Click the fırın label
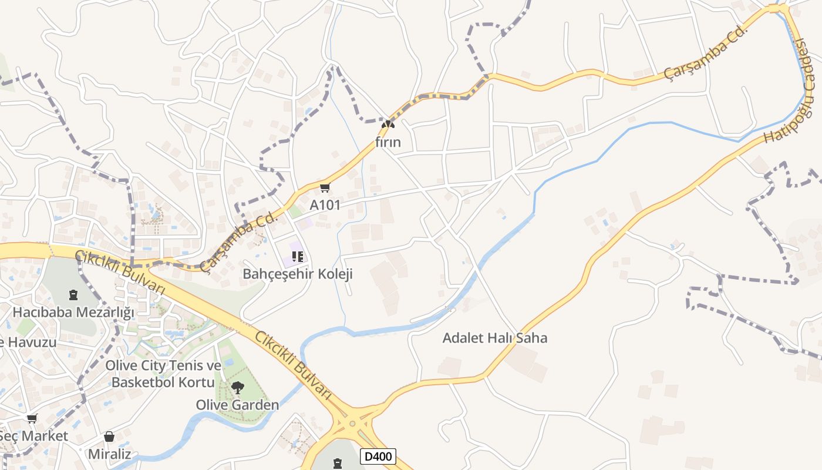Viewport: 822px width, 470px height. pos(388,142)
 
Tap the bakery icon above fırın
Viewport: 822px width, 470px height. pos(388,124)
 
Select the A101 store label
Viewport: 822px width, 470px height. pos(325,206)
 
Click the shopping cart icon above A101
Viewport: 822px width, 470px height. pos(325,187)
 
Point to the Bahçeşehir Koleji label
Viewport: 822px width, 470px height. pos(297,274)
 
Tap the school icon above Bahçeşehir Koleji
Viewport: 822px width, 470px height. pos(297,256)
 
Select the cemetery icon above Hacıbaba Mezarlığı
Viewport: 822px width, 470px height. pos(73,294)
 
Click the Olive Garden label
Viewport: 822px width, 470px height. pos(237,405)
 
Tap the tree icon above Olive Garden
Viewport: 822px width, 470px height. pos(237,387)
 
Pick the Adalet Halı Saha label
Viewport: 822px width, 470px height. pos(494,338)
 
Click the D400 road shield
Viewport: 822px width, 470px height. pos(378,456)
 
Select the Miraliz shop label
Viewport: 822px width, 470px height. pos(109,454)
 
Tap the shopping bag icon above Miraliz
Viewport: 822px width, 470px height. pos(109,437)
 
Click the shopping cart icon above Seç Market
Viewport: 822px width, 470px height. pos(32,418)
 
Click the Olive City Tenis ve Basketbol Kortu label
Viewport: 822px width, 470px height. pos(163,374)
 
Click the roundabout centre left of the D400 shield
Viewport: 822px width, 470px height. pos(352,424)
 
